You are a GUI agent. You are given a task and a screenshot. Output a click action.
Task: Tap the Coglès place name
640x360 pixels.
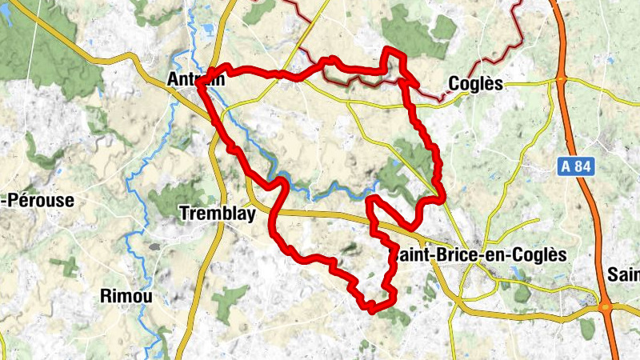click(475, 83)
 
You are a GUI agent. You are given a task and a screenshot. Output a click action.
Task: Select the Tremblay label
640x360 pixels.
click(218, 214)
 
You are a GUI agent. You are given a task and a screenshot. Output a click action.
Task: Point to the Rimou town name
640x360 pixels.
click(126, 296)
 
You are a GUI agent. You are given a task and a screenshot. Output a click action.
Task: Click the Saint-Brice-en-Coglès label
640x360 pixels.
click(478, 254)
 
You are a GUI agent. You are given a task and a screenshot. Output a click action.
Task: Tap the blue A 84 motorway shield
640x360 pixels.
click(573, 166)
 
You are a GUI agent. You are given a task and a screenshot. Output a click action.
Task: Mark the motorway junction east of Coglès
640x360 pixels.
click(562, 80)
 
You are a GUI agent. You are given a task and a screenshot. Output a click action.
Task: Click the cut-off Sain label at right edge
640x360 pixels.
click(624, 275)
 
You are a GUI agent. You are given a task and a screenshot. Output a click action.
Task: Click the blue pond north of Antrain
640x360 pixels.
click(210, 30)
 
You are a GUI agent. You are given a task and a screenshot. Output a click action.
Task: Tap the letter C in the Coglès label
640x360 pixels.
click(454, 83)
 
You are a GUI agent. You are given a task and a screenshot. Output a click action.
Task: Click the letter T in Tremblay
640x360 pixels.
click(186, 214)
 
